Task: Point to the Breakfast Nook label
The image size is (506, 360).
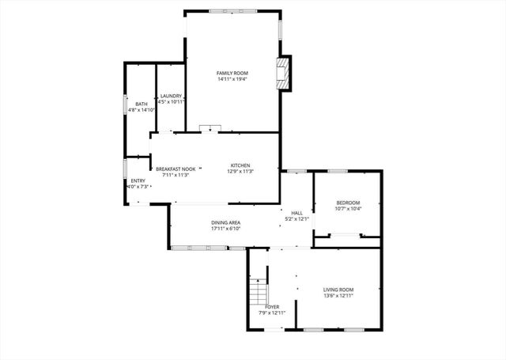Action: [x=176, y=169]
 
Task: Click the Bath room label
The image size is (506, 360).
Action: [x=141, y=104]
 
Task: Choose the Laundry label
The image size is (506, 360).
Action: [x=172, y=97]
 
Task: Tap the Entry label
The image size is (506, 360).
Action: [x=138, y=180]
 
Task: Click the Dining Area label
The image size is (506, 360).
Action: [x=225, y=223]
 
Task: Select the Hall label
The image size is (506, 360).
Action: [x=297, y=213]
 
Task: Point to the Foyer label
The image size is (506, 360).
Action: [x=272, y=306]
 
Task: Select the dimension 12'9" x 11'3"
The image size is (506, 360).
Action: [x=241, y=172]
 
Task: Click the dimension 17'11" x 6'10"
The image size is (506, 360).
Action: [x=225, y=229]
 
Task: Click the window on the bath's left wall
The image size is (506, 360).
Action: [x=124, y=104]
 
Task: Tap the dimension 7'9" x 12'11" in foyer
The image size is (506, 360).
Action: [x=272, y=313]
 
